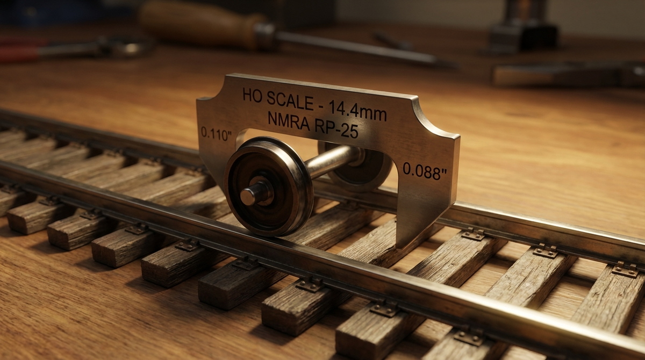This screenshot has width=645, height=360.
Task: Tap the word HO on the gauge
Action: coord(252,96)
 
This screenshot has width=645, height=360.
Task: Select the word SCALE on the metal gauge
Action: coord(292,101)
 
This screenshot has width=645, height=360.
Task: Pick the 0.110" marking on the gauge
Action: coord(216,133)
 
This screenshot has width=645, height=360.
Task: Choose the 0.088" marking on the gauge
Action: coord(425,171)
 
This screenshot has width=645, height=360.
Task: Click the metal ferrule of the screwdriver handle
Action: coord(264,35)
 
